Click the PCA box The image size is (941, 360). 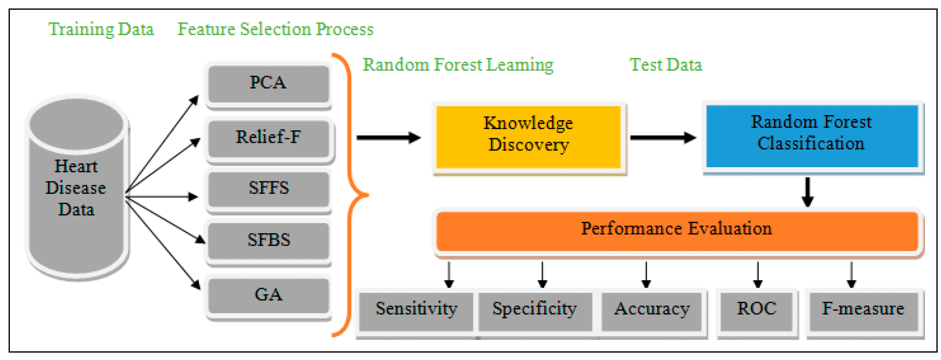tap(268, 84)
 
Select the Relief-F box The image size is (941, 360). tap(268, 138)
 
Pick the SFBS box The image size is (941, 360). tap(268, 241)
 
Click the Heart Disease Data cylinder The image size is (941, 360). tap(77, 188)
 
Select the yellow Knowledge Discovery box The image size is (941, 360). tap(528, 137)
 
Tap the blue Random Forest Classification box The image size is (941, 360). tap(811, 136)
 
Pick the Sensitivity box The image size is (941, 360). tap(416, 311)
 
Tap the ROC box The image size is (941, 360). tap(757, 311)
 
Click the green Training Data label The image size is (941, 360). tap(101, 29)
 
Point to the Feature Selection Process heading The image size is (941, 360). tap(275, 29)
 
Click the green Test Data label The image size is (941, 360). tap(665, 65)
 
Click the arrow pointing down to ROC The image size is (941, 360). tap(758, 275)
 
